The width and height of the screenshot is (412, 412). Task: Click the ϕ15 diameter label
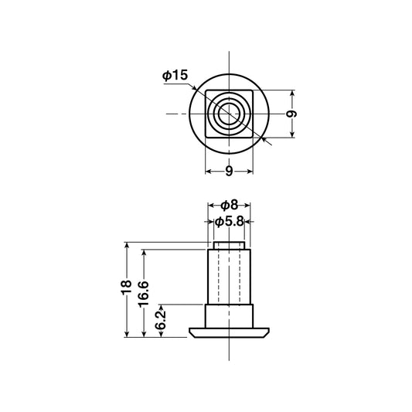tap(175, 75)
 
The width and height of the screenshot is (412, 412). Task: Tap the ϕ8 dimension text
tap(229, 205)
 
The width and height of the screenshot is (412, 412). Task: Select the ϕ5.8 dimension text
tap(230, 222)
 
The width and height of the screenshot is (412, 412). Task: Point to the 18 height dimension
tap(127, 288)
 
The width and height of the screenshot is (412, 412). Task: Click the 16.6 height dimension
tap(144, 295)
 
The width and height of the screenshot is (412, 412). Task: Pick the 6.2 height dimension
tap(161, 320)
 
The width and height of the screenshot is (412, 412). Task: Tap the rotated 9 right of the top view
tap(291, 114)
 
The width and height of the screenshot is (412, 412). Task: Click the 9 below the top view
tap(229, 172)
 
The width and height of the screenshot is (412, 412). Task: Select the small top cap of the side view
tap(229, 245)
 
